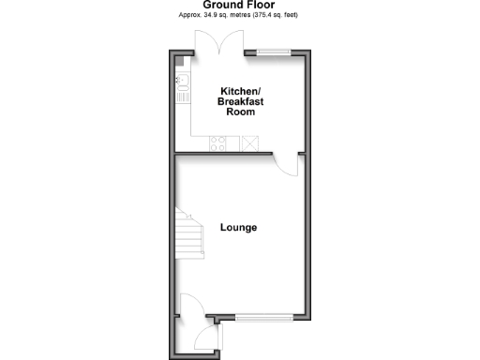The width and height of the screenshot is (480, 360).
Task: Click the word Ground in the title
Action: [222, 5]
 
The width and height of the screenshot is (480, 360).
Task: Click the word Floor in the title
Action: [264, 5]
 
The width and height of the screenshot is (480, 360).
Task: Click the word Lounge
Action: [239, 228]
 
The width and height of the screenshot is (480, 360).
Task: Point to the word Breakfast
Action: [239, 101]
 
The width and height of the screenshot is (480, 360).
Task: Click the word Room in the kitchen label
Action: [239, 112]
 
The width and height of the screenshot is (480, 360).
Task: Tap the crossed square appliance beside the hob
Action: [250, 143]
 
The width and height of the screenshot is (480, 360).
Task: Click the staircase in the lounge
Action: [190, 233]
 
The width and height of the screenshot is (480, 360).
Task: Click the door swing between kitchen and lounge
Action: [286, 165]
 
